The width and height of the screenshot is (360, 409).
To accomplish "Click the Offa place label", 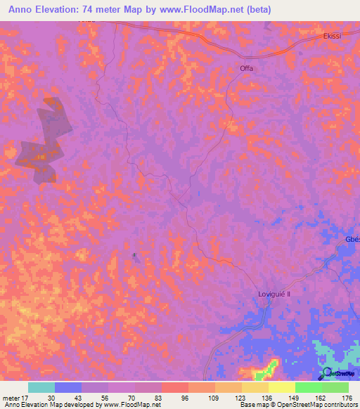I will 246,68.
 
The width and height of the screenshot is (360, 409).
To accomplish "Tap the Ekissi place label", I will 333,37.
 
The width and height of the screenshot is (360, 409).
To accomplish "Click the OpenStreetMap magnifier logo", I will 327,372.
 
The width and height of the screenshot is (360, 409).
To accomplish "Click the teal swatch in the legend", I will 41,387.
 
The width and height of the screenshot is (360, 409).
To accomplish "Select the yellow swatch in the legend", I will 282,387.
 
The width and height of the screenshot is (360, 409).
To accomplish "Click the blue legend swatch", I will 68,387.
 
